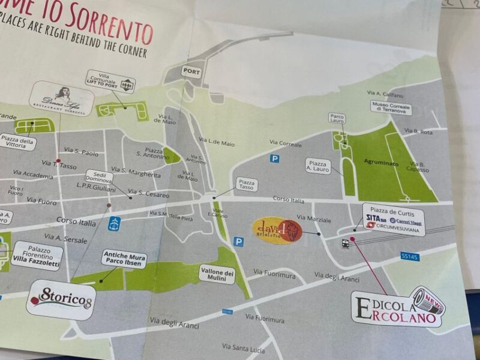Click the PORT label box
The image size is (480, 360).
pos(191,71)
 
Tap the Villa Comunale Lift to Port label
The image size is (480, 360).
pos(111,82)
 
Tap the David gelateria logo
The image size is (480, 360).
pos(277,230)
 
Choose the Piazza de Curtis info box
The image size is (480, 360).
pos(394,219)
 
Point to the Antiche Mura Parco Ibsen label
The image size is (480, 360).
pos(124,257)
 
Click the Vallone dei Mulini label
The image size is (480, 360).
pos(217,275)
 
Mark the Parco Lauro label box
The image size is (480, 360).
pos(337,118)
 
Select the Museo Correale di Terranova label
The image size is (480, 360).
pos(391,107)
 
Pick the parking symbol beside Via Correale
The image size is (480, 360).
pos(275,158)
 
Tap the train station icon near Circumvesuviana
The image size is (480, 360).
pos(346,244)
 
